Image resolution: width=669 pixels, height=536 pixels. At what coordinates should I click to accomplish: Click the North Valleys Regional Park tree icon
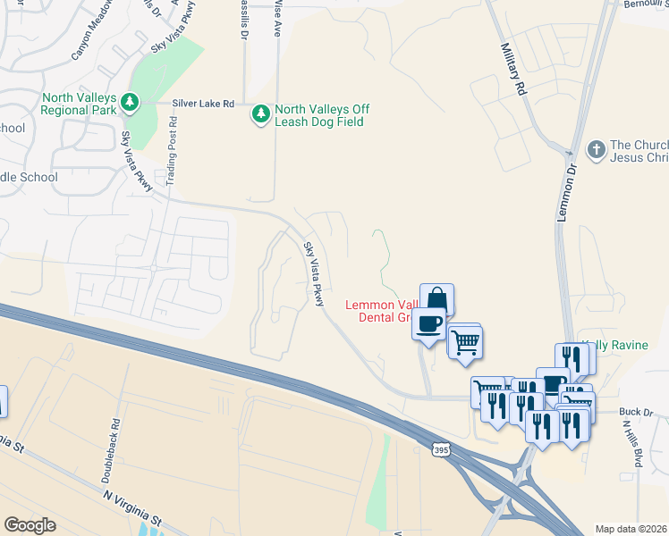(x=131, y=102)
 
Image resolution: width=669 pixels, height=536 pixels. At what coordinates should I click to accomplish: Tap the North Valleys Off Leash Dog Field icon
(x=261, y=114)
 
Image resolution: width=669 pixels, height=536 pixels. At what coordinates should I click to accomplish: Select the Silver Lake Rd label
(x=204, y=104)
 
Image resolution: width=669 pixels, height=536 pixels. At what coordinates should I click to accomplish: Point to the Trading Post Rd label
(x=169, y=155)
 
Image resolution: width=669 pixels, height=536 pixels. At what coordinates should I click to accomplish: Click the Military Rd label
(x=512, y=69)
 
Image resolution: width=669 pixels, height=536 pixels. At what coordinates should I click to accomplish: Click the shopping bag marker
(x=436, y=299)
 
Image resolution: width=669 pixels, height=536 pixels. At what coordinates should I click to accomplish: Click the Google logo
(x=30, y=525)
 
